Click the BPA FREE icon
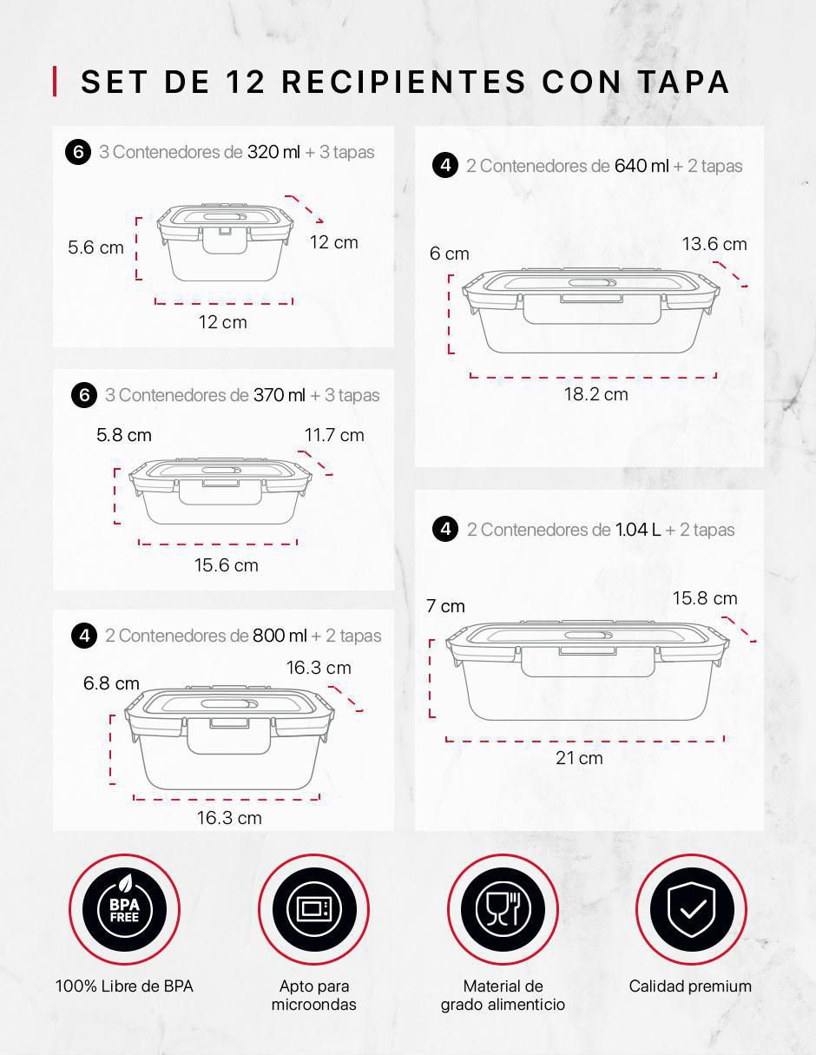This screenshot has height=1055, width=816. point(124,909)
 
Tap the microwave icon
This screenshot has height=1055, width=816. point(314,909)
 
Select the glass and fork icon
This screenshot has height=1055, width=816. point(503,909)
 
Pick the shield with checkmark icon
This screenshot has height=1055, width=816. point(691,909)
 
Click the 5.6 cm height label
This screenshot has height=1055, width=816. point(95,247)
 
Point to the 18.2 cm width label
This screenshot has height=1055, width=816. point(596,394)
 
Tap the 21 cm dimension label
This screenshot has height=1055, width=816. point(579,758)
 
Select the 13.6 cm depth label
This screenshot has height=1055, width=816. point(714,244)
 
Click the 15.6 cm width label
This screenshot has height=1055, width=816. point(226,565)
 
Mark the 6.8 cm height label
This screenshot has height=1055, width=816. point(111,683)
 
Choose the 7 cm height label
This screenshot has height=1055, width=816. point(445,606)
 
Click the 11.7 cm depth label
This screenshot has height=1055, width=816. point(334,435)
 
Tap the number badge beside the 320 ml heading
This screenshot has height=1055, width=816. point(78,152)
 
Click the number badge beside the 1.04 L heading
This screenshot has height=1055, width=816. point(445,529)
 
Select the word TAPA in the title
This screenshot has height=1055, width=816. point(684,82)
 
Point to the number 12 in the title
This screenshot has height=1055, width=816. point(246,82)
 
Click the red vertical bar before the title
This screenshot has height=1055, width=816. point(55,81)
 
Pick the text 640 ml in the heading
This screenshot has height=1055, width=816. point(642,166)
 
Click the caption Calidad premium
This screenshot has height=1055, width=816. point(690,986)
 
